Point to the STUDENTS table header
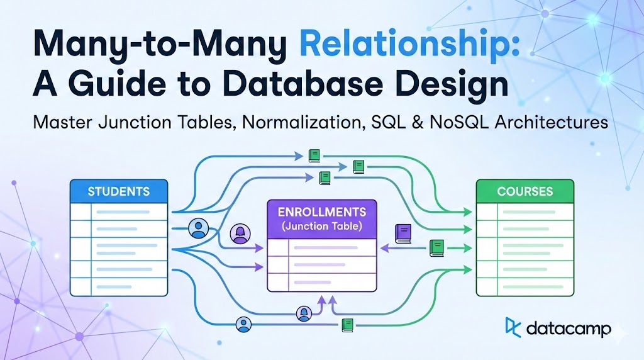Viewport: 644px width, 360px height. (119, 191)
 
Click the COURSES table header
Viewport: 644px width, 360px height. (525, 191)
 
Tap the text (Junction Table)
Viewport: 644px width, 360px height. (321, 225)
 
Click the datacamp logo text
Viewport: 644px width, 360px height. (569, 327)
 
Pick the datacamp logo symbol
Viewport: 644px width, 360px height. (513, 327)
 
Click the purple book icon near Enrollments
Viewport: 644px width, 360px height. (402, 233)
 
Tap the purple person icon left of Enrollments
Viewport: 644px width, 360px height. (240, 234)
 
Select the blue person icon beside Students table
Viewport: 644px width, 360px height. (198, 228)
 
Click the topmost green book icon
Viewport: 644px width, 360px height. (314, 155)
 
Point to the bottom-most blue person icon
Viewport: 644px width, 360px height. (243, 325)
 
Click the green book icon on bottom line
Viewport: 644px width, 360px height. (347, 325)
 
